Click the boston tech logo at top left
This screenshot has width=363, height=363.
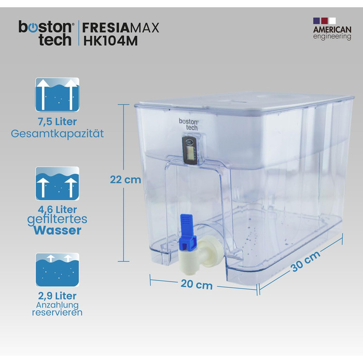(x=46, y=33)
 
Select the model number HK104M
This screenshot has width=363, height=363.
(x=110, y=40)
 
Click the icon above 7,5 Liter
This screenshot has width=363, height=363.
(x=57, y=94)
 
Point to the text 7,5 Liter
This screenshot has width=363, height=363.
(x=57, y=122)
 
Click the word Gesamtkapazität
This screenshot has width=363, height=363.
(x=57, y=134)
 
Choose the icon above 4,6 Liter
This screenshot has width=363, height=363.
(x=57, y=184)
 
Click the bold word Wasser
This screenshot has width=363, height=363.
(x=57, y=230)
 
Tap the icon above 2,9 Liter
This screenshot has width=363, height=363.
(x=57, y=270)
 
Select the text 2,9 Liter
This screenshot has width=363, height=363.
(x=57, y=296)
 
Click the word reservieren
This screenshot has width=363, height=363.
(x=57, y=313)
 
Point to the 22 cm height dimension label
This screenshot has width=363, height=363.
(x=125, y=179)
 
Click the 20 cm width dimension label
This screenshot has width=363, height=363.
(x=197, y=285)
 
